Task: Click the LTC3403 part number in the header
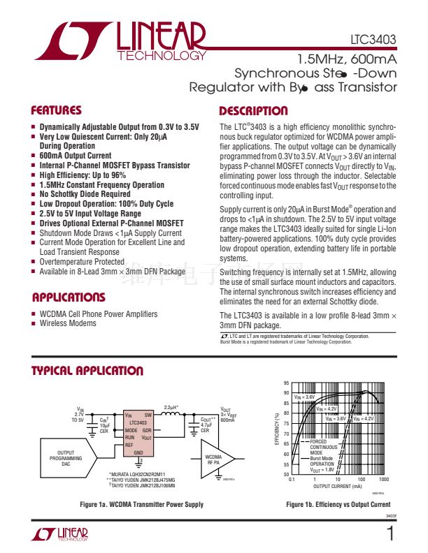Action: (373, 40)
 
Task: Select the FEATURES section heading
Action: (57, 110)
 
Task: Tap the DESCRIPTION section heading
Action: (253, 111)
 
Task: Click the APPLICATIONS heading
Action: (69, 297)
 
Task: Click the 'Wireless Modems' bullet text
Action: (68, 323)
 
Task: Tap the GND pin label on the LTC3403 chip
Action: (138, 452)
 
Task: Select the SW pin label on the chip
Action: (148, 415)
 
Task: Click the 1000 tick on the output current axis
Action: (383, 480)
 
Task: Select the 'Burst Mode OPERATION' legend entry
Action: (322, 461)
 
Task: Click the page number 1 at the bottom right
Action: (390, 534)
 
